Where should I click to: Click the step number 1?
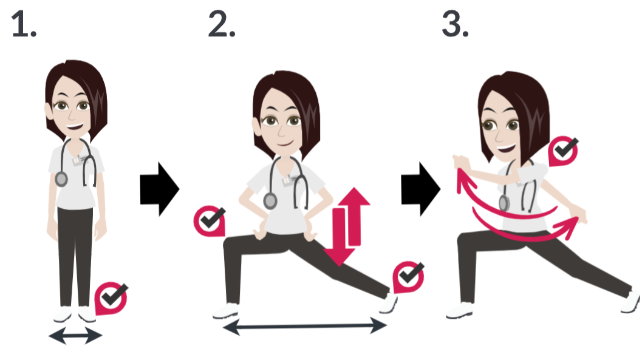point(24,24)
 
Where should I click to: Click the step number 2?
point(222,24)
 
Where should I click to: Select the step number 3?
point(456,24)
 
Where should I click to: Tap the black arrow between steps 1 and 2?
point(160,189)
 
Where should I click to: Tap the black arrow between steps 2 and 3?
point(421,189)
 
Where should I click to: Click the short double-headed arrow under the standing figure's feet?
point(75,336)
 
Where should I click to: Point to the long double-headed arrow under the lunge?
point(305,326)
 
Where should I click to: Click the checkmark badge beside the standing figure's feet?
point(111,298)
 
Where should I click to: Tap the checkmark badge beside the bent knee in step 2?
point(210,221)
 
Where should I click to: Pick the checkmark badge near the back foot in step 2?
point(408,277)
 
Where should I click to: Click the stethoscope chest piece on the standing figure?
point(61,179)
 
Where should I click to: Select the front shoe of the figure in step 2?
point(225,311)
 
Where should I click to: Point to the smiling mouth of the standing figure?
point(75,126)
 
